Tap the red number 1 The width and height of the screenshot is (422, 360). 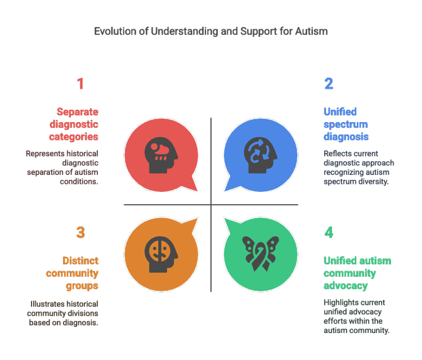(x=80, y=84)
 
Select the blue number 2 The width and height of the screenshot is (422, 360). (x=329, y=84)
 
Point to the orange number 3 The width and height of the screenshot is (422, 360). (x=80, y=233)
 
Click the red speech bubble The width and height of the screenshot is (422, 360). (x=160, y=155)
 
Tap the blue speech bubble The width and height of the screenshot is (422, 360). (x=261, y=155)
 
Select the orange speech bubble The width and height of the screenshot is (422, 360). (x=160, y=253)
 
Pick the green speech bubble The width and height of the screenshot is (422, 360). (x=261, y=253)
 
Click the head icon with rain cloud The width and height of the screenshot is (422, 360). (x=161, y=155)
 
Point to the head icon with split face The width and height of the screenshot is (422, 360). (x=161, y=253)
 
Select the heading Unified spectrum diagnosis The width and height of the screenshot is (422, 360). (x=346, y=124)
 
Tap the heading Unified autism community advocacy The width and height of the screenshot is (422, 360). (x=356, y=273)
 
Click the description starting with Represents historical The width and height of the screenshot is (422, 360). (x=62, y=168)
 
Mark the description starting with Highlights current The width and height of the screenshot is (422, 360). (x=355, y=316)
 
